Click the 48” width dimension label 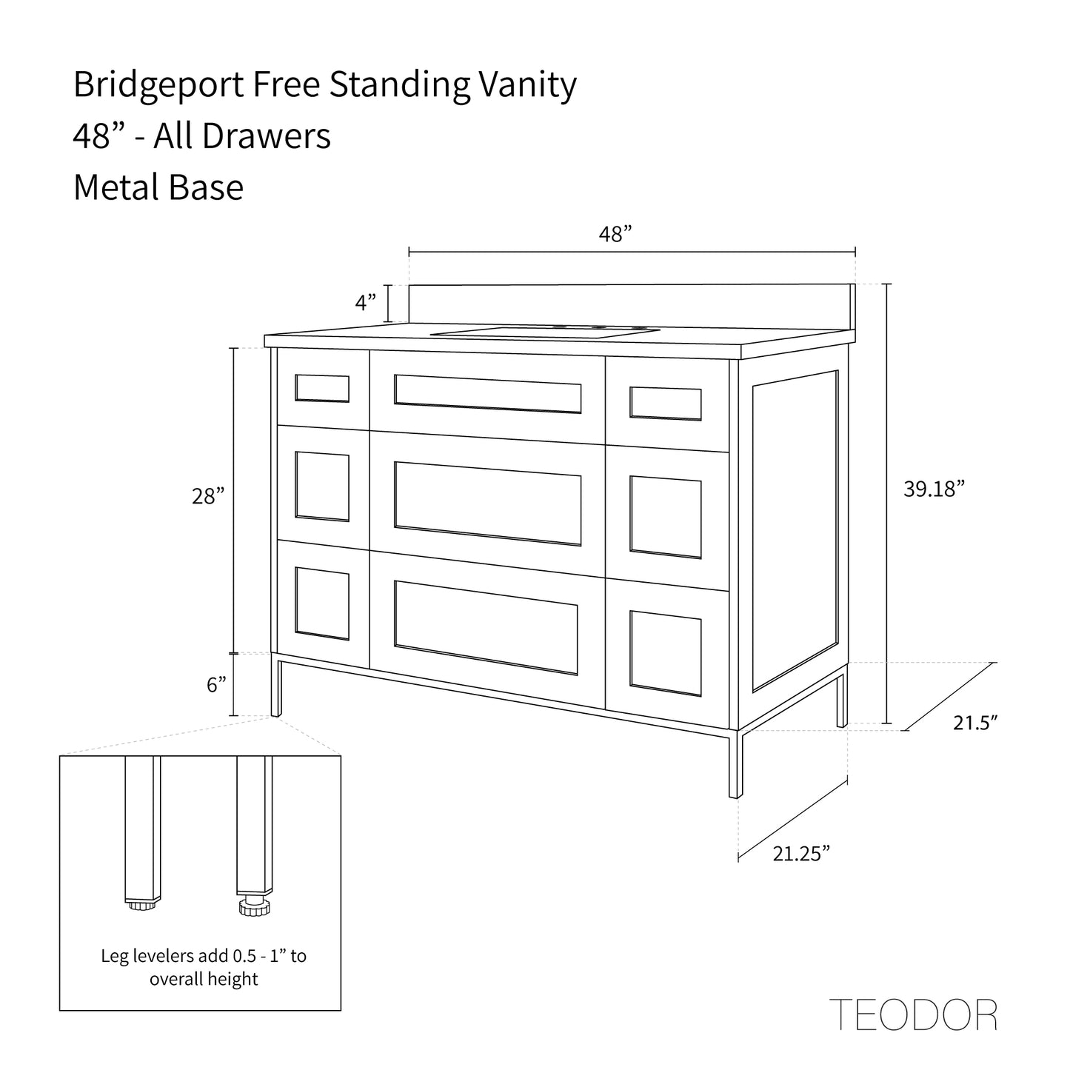coord(615,234)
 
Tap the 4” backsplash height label coord(366,302)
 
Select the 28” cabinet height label coord(208,495)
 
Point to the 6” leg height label coord(216,685)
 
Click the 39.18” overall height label coord(934,489)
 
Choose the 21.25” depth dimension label coord(801,854)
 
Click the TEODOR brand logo coord(913,1014)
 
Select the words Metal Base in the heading coord(158,187)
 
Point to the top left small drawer coord(322,389)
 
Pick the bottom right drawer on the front coord(666,653)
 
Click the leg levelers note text coord(204,967)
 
